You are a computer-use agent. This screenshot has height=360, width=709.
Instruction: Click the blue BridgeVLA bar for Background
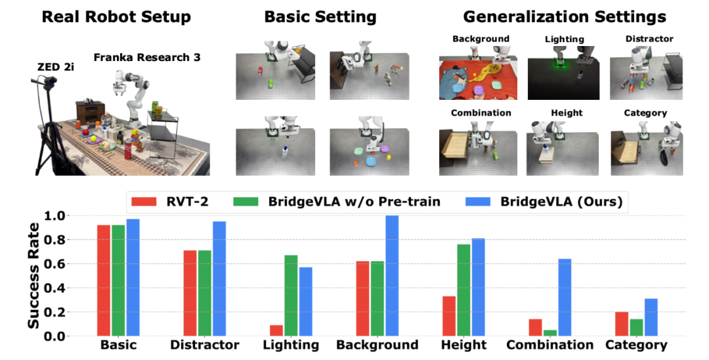(393, 276)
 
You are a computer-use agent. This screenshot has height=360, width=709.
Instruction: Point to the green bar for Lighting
(291, 296)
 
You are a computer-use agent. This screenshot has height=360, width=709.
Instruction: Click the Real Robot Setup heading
(116, 16)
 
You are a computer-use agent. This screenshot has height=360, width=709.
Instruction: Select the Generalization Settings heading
(565, 16)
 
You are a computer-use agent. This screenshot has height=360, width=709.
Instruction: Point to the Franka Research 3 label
(146, 57)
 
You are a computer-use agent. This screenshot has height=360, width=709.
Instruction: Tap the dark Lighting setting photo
(564, 73)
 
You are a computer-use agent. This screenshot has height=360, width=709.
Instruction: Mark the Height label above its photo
(567, 113)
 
